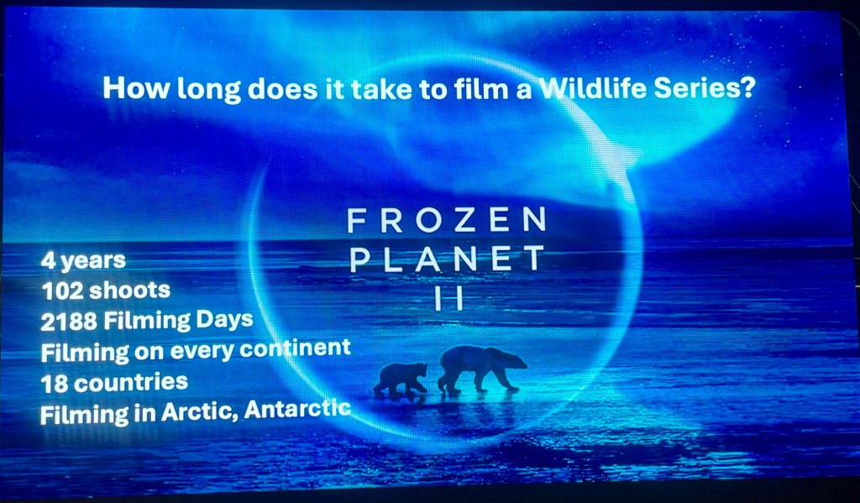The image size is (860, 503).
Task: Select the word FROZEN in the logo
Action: tap(447, 219)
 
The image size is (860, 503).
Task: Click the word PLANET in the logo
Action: tap(447, 259)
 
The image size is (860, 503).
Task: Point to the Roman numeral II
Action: tap(449, 299)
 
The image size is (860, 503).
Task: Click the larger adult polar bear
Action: tap(481, 369)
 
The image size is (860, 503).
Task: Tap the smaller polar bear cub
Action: tap(401, 379)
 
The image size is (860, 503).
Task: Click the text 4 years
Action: tap(83, 261)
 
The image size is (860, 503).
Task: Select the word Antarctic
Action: tap(297, 409)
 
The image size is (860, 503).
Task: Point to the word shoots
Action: tap(129, 291)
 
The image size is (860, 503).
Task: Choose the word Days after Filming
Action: tap(224, 319)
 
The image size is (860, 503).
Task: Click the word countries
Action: tap(130, 382)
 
